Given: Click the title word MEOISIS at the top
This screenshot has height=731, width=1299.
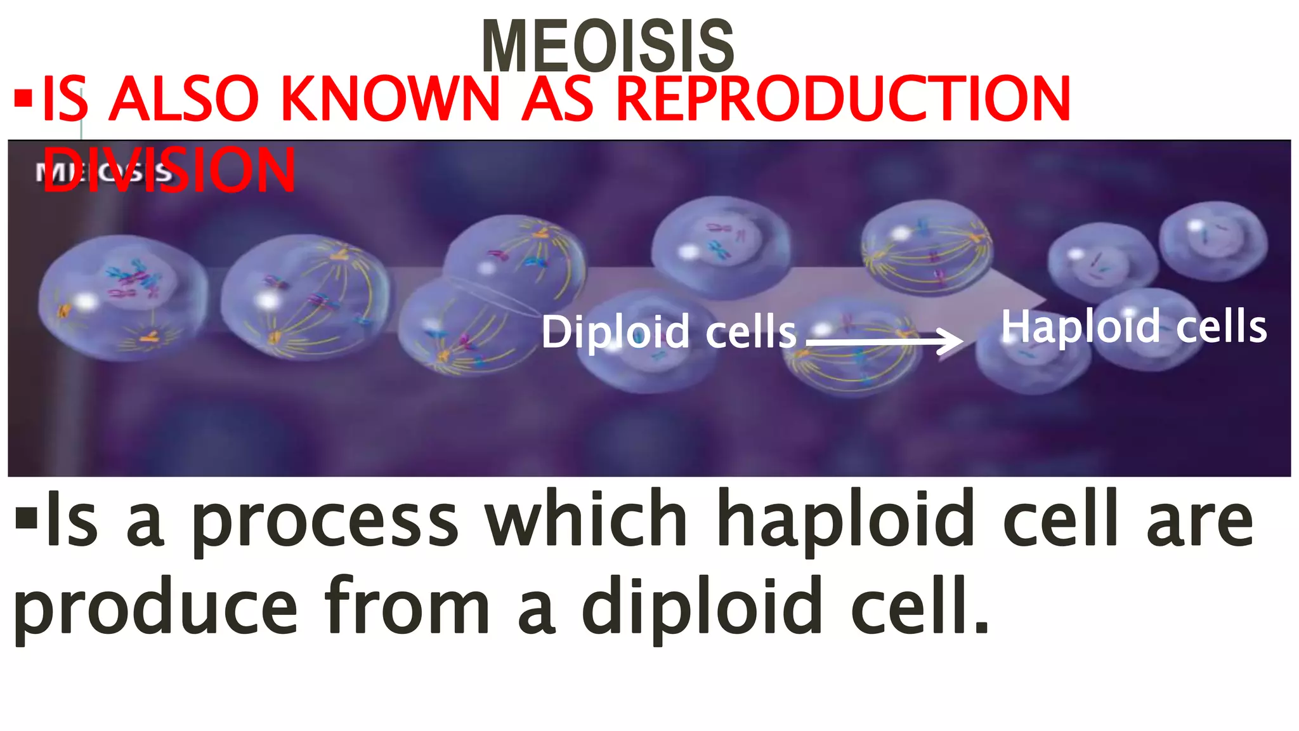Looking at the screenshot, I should pyautogui.click(x=608, y=46).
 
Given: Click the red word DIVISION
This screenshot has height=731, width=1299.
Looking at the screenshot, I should pyautogui.click(x=169, y=170).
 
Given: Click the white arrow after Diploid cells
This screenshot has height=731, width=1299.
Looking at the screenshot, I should pyautogui.click(x=884, y=341).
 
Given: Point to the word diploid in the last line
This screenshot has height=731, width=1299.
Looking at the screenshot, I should pyautogui.click(x=702, y=608).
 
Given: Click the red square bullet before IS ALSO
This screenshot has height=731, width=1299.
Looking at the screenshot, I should pyautogui.click(x=23, y=98).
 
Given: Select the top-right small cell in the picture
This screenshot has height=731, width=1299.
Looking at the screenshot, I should pyautogui.click(x=1213, y=240).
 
